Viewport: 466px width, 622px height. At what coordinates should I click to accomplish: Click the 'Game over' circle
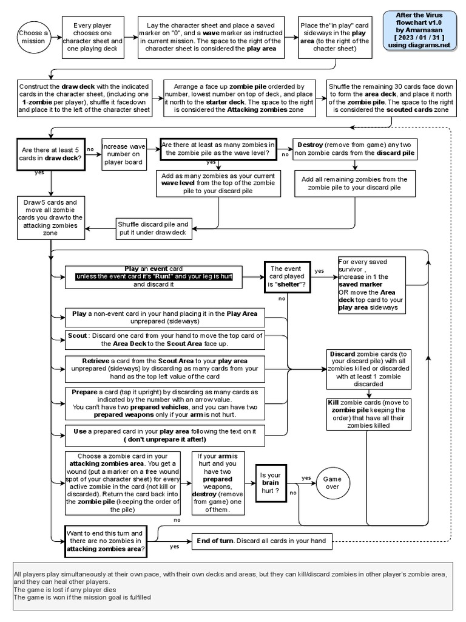coord(331,483)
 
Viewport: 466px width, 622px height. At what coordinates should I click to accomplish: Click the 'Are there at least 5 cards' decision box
coord(51,153)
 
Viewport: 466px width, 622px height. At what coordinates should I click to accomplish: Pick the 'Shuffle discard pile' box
coord(153,228)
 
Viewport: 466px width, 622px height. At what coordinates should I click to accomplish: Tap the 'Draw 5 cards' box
coord(50,217)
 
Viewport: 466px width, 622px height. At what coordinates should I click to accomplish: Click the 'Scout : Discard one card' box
coord(166,340)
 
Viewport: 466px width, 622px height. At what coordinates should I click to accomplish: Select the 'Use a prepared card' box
coord(166,435)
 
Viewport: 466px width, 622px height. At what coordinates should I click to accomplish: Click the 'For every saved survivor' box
coord(372,285)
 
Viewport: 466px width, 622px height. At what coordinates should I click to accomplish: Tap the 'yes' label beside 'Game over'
coord(306,477)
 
